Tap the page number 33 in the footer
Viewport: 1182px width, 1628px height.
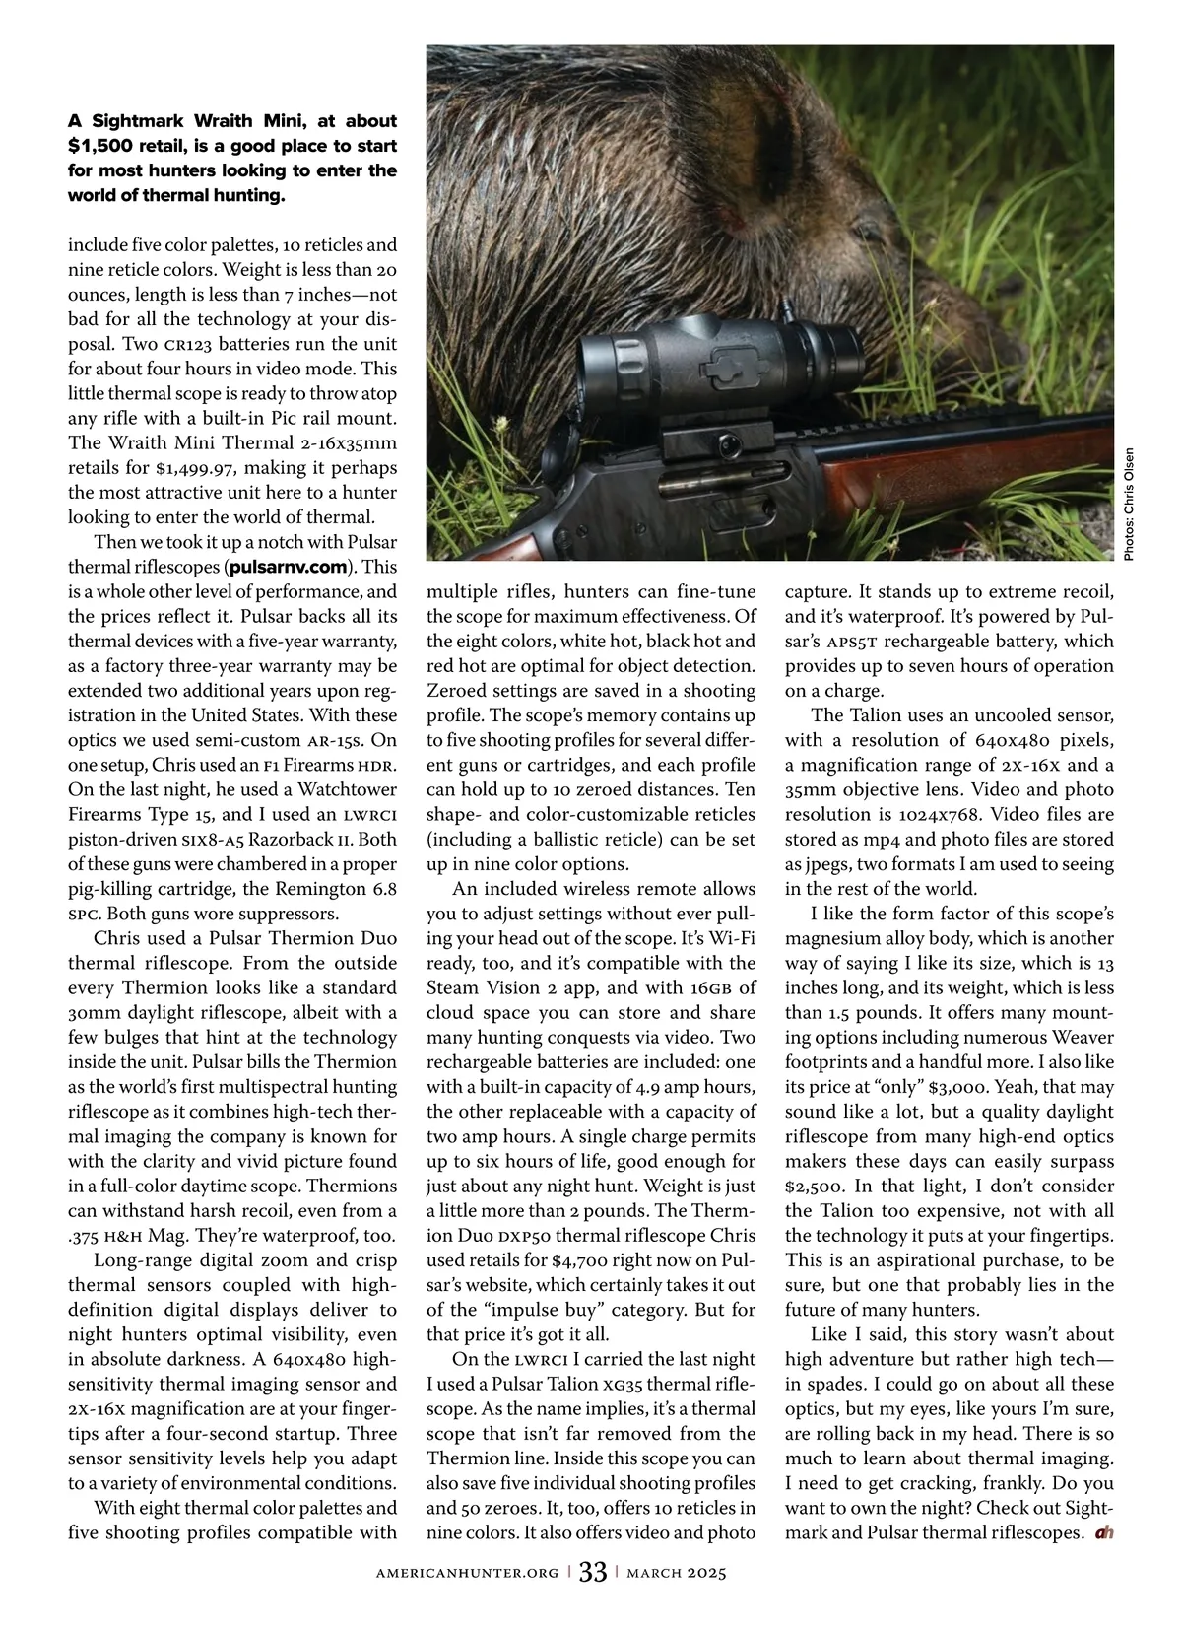click(x=592, y=1572)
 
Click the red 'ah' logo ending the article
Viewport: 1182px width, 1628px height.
click(x=1103, y=1533)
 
